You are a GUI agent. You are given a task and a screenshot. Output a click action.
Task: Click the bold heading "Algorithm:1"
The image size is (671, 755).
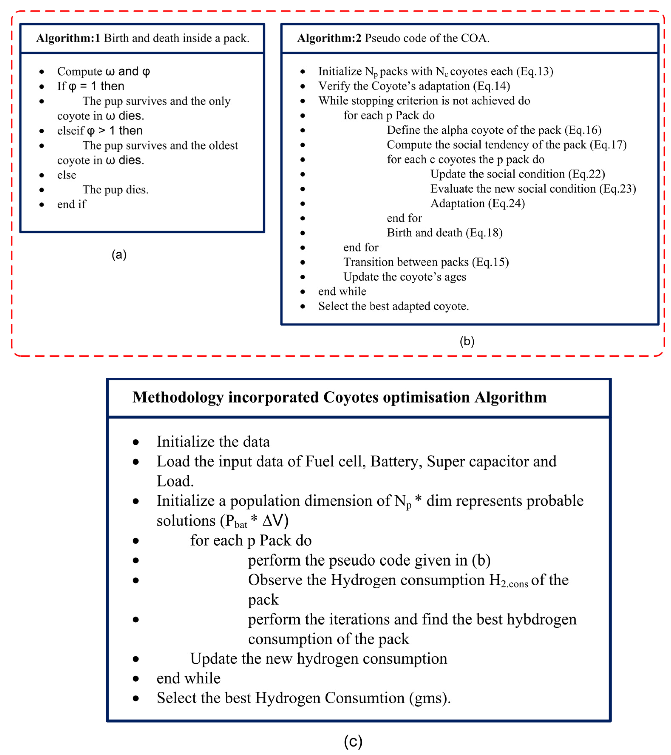68,38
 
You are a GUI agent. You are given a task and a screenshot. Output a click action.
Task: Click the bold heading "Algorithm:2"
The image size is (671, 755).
329,38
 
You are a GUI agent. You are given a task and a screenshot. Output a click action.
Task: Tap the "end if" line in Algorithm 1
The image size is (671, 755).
71,204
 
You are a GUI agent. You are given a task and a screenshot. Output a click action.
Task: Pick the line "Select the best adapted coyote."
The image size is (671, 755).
393,306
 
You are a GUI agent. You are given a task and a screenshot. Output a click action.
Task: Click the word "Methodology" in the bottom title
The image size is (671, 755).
178,397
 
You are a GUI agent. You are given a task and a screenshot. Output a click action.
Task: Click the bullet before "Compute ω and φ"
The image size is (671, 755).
42,72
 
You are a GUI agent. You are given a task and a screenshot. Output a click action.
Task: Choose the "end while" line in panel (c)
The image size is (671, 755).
188,678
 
